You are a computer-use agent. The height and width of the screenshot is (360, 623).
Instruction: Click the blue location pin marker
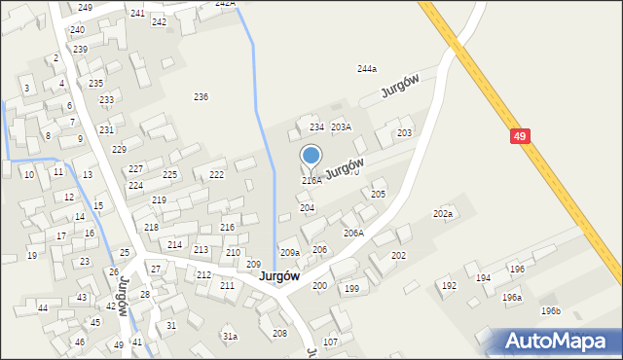[311, 156]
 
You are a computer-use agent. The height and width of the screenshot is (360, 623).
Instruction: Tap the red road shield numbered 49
[520, 137]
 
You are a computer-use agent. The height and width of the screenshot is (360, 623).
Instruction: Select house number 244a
[366, 68]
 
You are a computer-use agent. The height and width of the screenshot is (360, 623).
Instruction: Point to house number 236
[201, 96]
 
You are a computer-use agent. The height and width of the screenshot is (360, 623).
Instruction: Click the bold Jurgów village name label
[279, 276]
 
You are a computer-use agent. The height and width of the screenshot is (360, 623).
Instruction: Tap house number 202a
[443, 213]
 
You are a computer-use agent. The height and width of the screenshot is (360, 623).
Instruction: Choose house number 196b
[551, 310]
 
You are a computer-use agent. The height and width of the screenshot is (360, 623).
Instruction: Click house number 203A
[341, 127]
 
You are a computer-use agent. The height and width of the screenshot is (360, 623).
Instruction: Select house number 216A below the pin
[311, 181]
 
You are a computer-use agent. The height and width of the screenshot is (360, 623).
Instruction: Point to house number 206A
[353, 234]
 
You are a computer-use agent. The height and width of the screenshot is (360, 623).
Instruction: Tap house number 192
[449, 286]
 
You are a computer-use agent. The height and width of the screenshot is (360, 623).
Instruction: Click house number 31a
[230, 337]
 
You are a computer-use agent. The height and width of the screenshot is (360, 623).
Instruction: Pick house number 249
[86, 8]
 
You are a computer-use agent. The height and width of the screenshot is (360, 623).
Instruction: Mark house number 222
[216, 175]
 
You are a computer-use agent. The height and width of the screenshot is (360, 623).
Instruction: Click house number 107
[330, 342]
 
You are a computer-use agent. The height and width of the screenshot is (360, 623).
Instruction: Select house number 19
[31, 256]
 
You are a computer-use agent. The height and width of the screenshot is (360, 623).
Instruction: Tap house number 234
[316, 127]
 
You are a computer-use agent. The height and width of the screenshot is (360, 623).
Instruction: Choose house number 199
[351, 289]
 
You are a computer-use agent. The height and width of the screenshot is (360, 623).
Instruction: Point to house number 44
[43, 307]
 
